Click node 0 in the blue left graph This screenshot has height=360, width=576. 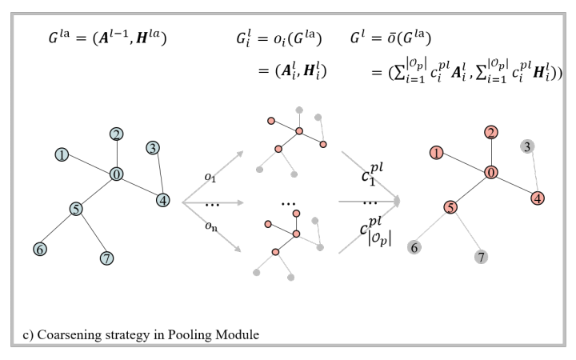click(x=117, y=174)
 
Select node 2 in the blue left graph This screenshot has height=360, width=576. click(x=117, y=134)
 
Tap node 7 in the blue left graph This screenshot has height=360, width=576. click(x=106, y=258)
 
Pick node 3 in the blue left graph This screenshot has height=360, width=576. click(x=153, y=147)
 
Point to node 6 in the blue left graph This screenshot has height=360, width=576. click(x=39, y=249)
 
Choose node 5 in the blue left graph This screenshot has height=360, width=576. click(x=76, y=209)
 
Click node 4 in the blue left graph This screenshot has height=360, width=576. click(x=163, y=200)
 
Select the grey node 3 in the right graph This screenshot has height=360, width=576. click(x=527, y=146)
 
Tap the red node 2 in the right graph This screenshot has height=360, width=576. click(x=492, y=133)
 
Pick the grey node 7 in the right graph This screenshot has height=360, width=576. click(x=482, y=257)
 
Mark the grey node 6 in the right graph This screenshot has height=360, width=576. click(x=414, y=247)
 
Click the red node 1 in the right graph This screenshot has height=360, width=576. click(x=436, y=152)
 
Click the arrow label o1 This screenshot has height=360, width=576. click(x=209, y=178)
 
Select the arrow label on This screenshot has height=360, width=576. click(x=210, y=230)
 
